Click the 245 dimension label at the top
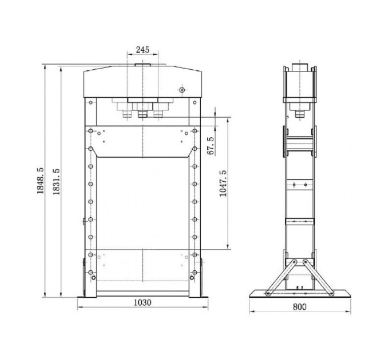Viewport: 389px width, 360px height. click(142, 50)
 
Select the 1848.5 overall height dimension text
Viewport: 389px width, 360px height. click(40, 181)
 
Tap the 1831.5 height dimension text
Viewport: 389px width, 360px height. click(56, 181)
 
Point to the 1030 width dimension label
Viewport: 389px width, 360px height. click(142, 302)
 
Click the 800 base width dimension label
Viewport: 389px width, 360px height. click(300, 307)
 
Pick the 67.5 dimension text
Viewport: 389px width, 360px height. click(211, 146)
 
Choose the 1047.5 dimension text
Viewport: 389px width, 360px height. click(223, 183)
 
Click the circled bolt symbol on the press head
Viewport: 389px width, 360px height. click(182, 90)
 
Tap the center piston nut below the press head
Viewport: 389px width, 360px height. click(142, 114)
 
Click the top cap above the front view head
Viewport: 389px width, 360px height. click(142, 65)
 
